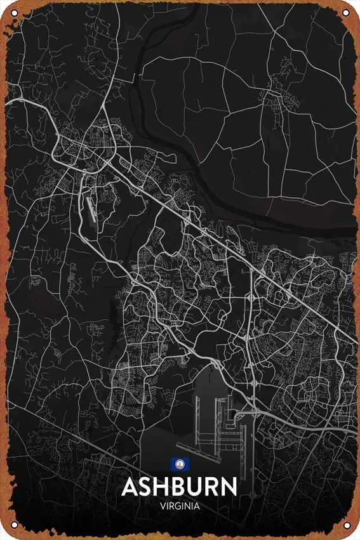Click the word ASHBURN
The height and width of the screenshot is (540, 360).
pos(180,487)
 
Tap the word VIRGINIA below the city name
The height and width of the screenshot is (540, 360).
pos(180,506)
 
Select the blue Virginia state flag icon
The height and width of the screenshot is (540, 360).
pos(180,465)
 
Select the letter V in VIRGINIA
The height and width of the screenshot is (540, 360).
pos(163,506)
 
